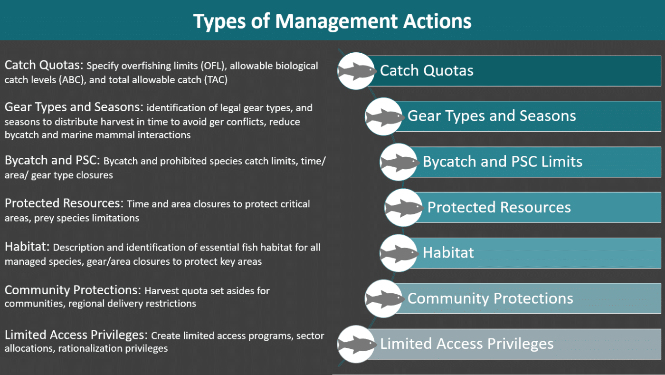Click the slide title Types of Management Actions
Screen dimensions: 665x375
click(x=332, y=21)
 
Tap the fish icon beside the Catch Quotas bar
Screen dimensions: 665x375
click(x=356, y=71)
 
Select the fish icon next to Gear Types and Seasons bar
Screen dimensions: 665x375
click(x=384, y=117)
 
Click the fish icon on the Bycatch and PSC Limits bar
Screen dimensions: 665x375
click(x=399, y=162)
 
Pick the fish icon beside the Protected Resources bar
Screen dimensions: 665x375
click(x=404, y=208)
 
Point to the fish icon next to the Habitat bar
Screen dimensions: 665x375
click(x=399, y=253)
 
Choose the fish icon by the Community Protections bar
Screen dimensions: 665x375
click(x=384, y=299)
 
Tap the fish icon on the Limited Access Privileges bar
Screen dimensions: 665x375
click(x=356, y=345)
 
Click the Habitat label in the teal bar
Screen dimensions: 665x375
click(x=448, y=252)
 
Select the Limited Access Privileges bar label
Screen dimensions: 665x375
click(x=466, y=344)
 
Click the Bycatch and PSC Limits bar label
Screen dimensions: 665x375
click(x=503, y=162)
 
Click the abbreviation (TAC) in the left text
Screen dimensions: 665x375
click(x=216, y=80)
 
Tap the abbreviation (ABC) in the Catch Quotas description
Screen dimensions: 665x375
click(x=72, y=80)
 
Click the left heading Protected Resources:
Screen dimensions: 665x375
click(x=64, y=203)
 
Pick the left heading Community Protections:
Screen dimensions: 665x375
click(x=73, y=290)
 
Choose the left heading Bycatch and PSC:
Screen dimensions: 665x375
click(x=52, y=161)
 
